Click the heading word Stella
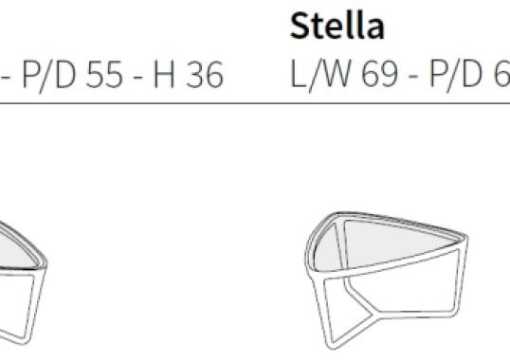pos(337,27)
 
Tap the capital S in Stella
pos(300,27)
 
